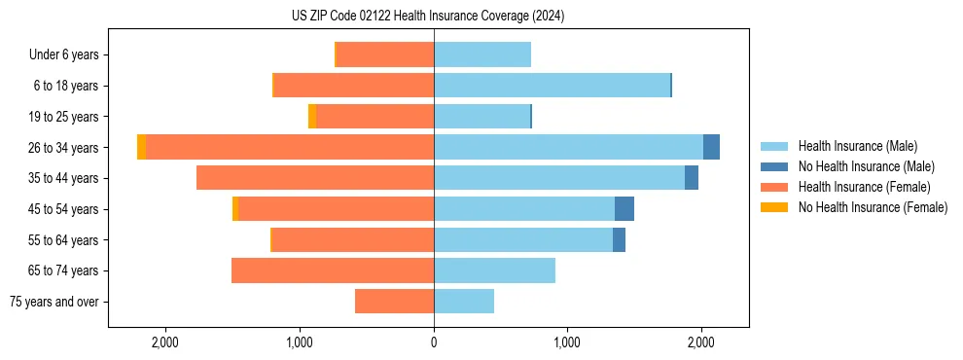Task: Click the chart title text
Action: [x=428, y=17]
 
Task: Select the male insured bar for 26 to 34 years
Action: [x=568, y=147]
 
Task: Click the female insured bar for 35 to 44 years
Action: [x=315, y=178]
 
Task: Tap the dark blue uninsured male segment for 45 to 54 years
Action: [x=624, y=209]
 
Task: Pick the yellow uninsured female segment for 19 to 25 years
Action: [x=312, y=117]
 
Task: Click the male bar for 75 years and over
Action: [x=464, y=302]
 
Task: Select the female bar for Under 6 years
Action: [x=385, y=54]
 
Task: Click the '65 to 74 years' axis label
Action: [x=63, y=270]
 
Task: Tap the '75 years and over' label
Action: [x=54, y=302]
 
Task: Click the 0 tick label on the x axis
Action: [x=434, y=342]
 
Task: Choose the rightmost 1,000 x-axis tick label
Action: [x=567, y=342]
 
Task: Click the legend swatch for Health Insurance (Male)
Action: [x=773, y=146]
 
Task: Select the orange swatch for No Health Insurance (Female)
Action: [x=773, y=207]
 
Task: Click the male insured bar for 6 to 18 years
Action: [x=552, y=86]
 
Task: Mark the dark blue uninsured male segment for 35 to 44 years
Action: [x=692, y=178]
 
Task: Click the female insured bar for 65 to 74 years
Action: [x=333, y=270]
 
